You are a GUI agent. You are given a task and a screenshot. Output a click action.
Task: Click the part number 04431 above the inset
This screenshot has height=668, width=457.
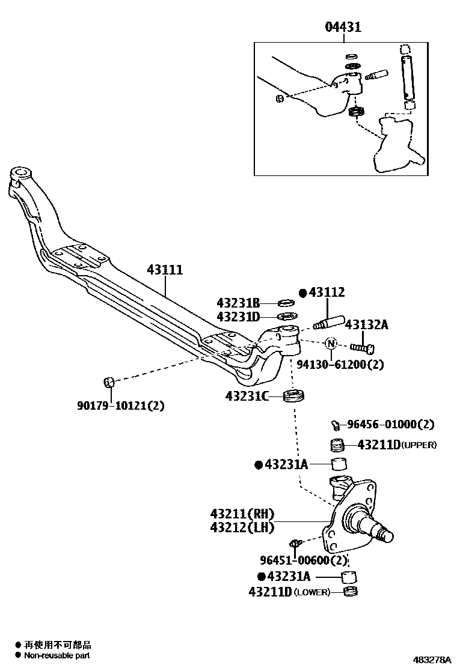[x=343, y=27]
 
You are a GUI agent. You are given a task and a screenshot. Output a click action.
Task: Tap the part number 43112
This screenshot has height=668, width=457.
[x=327, y=293]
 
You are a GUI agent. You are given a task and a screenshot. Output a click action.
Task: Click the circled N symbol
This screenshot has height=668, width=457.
[x=331, y=344]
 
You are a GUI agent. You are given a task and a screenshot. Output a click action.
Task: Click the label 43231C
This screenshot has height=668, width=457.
[x=246, y=396]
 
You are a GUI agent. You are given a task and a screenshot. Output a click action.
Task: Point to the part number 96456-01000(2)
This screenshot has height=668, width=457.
[x=390, y=424]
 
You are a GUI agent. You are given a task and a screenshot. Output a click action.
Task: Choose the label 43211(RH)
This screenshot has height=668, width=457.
[x=242, y=514]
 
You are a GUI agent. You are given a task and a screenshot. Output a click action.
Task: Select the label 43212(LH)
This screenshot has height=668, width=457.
[x=242, y=527]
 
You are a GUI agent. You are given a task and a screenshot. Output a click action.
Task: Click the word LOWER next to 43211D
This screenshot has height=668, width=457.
[x=313, y=592]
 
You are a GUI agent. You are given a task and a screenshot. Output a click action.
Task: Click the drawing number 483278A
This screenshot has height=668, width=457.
[x=432, y=659]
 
